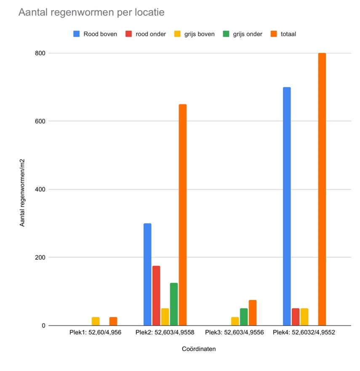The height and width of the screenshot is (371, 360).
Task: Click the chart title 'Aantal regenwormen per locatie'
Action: [91, 13]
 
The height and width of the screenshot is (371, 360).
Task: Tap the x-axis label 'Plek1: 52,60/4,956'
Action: [96, 333]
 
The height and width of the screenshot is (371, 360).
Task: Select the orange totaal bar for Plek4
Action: [322, 189]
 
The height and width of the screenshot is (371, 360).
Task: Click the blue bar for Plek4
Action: [287, 206]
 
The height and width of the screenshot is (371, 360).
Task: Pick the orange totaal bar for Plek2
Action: [182, 215]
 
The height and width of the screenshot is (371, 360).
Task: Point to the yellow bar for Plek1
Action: [96, 321]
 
